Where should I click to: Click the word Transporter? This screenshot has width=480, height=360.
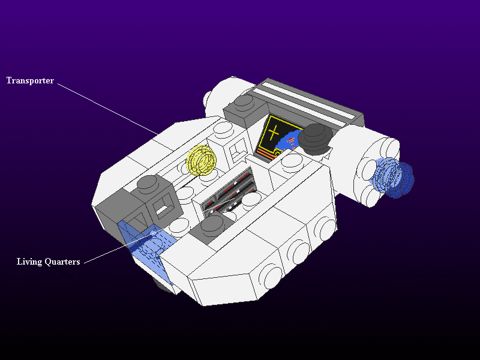(30, 80)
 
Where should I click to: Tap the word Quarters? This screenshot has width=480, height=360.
(62, 262)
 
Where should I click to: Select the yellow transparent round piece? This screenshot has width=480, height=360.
(201, 160)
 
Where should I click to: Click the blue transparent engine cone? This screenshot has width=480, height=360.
(394, 178)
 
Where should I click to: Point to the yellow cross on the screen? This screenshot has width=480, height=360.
(273, 132)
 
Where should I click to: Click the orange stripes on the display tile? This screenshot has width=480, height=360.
(266, 153)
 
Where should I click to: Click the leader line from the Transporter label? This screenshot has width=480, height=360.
(108, 109)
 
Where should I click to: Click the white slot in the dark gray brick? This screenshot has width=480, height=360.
(162, 209)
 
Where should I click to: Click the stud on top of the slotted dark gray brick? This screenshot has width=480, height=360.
(148, 183)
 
